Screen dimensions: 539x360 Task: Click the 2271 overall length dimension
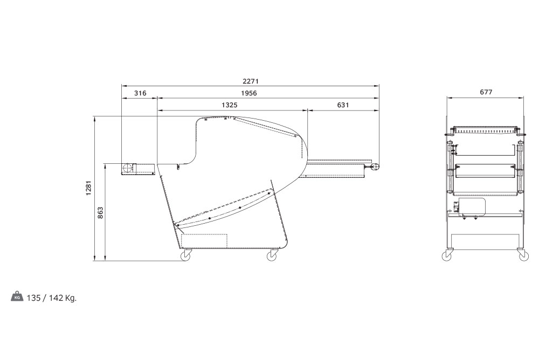pyautogui.click(x=250, y=81)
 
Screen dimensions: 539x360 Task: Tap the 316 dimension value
pyautogui.click(x=140, y=93)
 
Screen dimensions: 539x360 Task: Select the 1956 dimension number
pyautogui.click(x=249, y=93)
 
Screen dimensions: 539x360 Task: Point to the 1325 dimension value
pyautogui.click(x=229, y=105)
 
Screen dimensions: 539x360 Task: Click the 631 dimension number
pyautogui.click(x=343, y=105)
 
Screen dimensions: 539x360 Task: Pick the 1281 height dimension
pyautogui.click(x=89, y=188)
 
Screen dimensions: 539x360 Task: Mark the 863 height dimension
pyautogui.click(x=100, y=213)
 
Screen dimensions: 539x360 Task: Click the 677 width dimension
pyautogui.click(x=486, y=92)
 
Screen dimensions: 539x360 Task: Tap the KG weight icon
pyautogui.click(x=17, y=296)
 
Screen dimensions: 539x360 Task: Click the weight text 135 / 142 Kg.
pyautogui.click(x=52, y=298)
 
